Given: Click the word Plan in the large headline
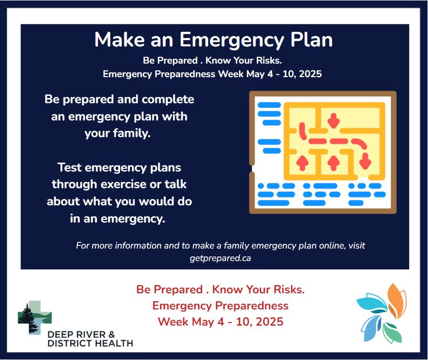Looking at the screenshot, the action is coord(311,40).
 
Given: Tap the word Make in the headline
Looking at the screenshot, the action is coord(119,40).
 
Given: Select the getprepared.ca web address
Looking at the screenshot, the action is coord(220,258).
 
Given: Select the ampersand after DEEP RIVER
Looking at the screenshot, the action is coord(111,334).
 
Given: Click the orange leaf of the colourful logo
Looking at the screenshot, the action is coord(397,300).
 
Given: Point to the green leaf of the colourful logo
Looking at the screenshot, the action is coord(392,333).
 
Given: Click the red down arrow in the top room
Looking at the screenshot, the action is coord(333,120).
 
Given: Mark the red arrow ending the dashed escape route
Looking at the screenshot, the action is coord(365,161).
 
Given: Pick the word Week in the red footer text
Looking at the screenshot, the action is coord(173,322).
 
